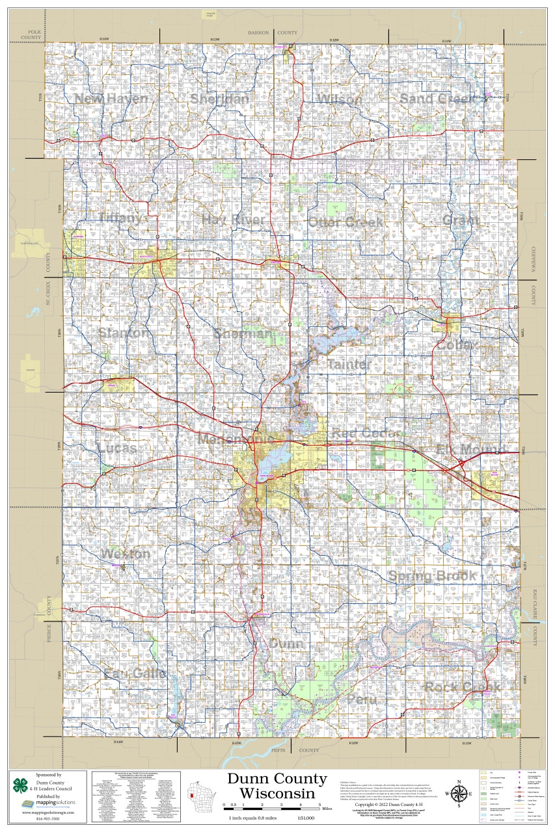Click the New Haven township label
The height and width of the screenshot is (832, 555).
[x=111, y=99]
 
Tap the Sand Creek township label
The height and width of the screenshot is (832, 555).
[x=437, y=99]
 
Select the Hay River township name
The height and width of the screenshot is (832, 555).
[x=234, y=220]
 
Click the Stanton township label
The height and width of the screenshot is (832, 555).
[x=123, y=333]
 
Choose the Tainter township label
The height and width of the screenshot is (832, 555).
[x=349, y=365]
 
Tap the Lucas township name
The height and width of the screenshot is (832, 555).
[x=118, y=448]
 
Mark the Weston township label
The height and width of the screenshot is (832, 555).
[x=126, y=554]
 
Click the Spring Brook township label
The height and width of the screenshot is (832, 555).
[x=433, y=577]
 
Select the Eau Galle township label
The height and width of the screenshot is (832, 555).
[x=135, y=673]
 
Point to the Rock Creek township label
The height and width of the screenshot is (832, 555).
[x=463, y=687]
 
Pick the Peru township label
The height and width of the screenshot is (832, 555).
[x=362, y=699]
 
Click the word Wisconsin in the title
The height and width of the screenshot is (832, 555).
[x=277, y=794]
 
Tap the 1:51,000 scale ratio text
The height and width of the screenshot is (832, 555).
[x=305, y=818]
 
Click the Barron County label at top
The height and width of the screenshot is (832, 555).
[x=276, y=32]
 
